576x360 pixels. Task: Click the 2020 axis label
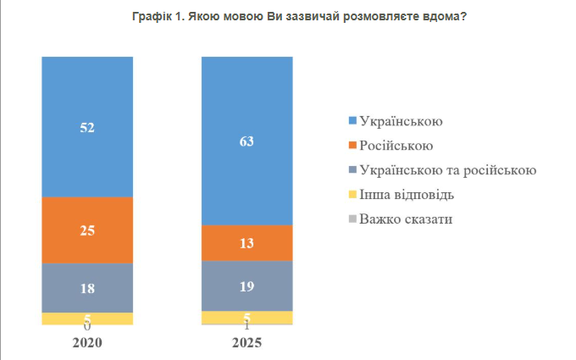point(87,343)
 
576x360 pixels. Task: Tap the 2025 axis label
point(246,343)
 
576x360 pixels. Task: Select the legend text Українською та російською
point(447,170)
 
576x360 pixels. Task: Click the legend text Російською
point(396,146)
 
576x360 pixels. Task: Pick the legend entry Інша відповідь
point(407,195)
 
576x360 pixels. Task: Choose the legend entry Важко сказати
point(405,219)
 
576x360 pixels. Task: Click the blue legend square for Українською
point(352,122)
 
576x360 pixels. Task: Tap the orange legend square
point(352,147)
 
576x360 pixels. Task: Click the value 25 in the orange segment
point(87,230)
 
